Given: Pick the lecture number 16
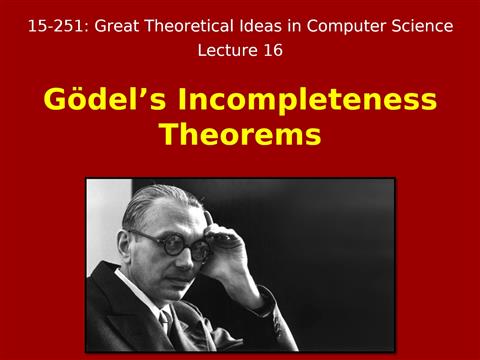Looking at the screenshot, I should coord(271,49).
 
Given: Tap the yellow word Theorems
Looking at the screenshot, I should coord(240,135).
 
